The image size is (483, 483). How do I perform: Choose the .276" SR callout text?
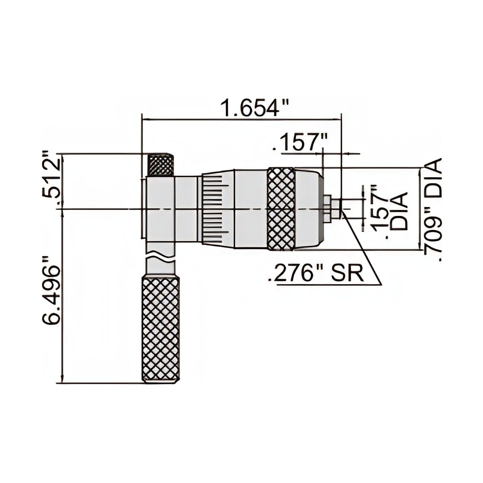pos(314,275)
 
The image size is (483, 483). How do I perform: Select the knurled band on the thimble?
pos(281,209)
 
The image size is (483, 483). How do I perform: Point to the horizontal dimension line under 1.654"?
pos(241,119)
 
